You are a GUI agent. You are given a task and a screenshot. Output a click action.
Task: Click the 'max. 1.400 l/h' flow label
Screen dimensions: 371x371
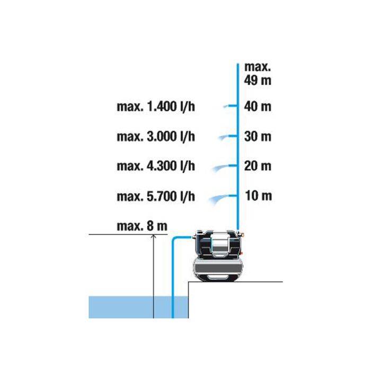(x=156, y=107)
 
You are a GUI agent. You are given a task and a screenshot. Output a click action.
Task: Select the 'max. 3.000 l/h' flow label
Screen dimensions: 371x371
(x=156, y=137)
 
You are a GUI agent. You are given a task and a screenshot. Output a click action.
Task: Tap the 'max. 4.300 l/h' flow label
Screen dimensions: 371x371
(x=156, y=166)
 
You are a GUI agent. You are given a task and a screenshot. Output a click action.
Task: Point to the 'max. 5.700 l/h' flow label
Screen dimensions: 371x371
(x=156, y=197)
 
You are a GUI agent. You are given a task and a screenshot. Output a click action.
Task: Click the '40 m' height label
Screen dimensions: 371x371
(x=258, y=106)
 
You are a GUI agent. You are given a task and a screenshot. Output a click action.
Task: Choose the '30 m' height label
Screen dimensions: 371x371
(x=258, y=137)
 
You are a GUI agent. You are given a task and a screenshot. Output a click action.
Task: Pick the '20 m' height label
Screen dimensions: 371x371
(x=258, y=166)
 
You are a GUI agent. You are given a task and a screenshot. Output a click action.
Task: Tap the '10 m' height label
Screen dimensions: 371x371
(x=259, y=196)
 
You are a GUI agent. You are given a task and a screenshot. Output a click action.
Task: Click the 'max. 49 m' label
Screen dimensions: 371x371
(x=258, y=74)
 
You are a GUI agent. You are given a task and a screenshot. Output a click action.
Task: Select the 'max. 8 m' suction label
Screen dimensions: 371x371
(x=142, y=226)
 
